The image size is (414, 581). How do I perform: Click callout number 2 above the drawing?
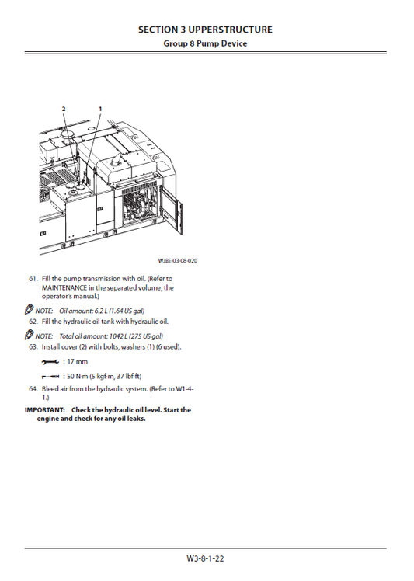64,109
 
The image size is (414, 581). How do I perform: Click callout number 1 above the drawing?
100,109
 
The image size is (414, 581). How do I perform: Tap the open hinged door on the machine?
172,211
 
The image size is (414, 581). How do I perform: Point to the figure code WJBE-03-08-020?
178,260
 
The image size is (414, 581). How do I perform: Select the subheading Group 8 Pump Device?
205,43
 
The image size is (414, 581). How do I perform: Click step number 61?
33,279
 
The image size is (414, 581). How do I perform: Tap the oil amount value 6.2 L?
100,311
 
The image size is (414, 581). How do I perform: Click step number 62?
33,322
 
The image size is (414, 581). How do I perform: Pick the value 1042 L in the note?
118,336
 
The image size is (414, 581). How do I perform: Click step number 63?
33,347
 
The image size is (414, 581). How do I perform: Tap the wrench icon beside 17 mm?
50,362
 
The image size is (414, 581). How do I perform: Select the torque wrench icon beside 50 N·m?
50,377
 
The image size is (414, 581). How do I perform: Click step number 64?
33,389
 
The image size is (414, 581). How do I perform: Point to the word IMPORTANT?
45,410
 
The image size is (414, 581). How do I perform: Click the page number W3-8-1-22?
205,558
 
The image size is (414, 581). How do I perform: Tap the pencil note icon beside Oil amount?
29,310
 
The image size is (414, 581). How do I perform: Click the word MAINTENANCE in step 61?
64,287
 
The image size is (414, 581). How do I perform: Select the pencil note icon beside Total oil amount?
29,335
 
